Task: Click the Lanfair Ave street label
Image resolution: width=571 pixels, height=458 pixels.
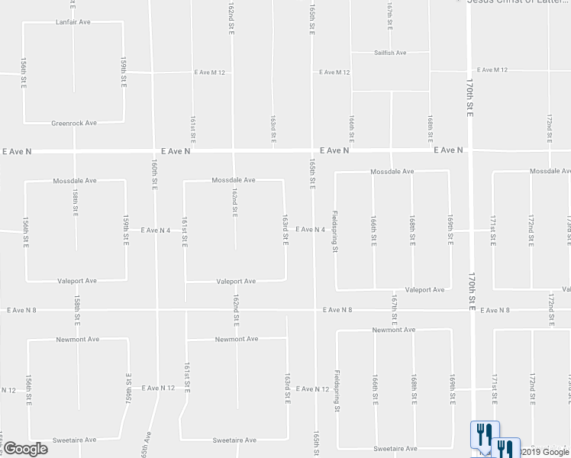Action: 73,23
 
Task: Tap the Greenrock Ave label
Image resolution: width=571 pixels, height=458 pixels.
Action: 74,123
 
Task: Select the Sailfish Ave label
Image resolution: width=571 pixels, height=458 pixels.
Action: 390,53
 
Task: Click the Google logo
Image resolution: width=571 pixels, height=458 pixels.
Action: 26,449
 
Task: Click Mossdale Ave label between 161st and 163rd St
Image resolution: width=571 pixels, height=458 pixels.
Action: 233,180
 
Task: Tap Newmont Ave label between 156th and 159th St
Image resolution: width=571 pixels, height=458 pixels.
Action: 77,339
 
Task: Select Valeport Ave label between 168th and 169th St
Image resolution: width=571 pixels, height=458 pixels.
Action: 424,290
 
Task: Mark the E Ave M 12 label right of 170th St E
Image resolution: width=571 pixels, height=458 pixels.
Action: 489,70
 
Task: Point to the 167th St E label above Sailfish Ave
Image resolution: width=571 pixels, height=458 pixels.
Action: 389,14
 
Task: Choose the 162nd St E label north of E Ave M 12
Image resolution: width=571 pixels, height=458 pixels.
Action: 231,17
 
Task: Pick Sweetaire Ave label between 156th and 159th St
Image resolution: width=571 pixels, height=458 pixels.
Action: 74,440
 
